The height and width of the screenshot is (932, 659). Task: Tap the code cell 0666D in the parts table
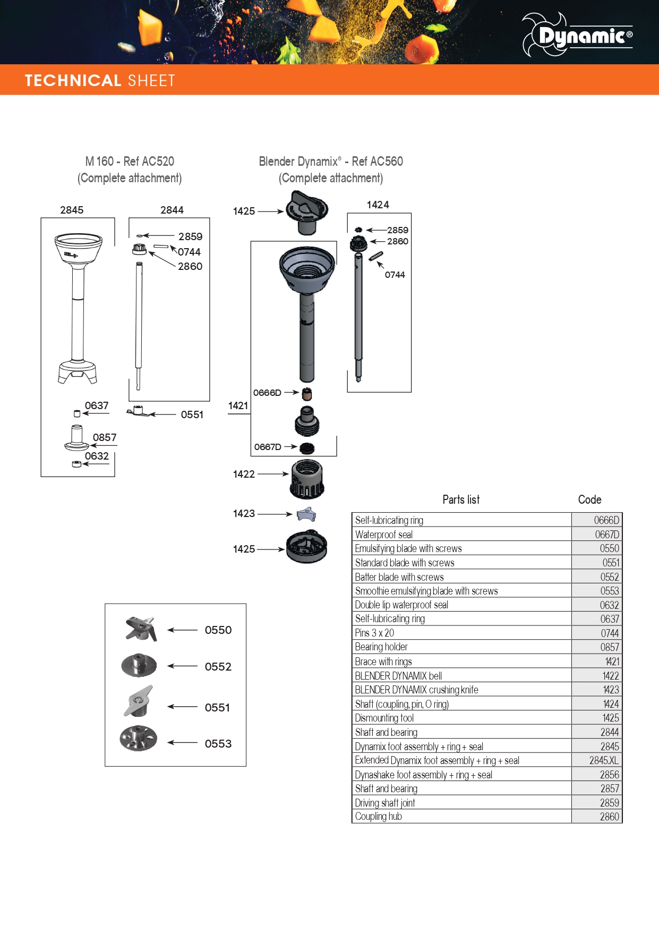click(x=597, y=520)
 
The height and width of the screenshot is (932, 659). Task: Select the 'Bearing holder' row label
click(x=381, y=647)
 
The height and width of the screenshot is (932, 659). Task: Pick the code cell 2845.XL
click(x=597, y=760)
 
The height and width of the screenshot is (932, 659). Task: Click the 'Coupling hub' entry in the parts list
click(x=379, y=816)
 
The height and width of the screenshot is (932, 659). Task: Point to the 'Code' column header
click(x=589, y=499)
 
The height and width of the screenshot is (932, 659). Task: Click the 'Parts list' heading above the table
click(x=461, y=499)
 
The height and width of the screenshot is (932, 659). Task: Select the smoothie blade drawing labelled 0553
click(x=139, y=738)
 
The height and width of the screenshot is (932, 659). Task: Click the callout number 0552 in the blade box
click(x=218, y=666)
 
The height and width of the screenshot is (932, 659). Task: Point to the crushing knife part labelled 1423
click(x=306, y=514)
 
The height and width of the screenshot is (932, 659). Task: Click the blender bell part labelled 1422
click(x=307, y=479)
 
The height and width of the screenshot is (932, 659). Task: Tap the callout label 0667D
click(x=268, y=447)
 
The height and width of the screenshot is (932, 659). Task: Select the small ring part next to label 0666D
click(x=307, y=394)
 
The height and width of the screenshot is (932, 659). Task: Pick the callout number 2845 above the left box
click(x=72, y=210)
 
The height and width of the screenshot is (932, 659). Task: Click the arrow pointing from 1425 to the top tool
click(x=271, y=211)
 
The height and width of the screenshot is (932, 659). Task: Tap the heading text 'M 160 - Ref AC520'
click(x=130, y=161)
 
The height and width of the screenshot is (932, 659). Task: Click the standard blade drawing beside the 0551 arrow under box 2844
click(x=138, y=411)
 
